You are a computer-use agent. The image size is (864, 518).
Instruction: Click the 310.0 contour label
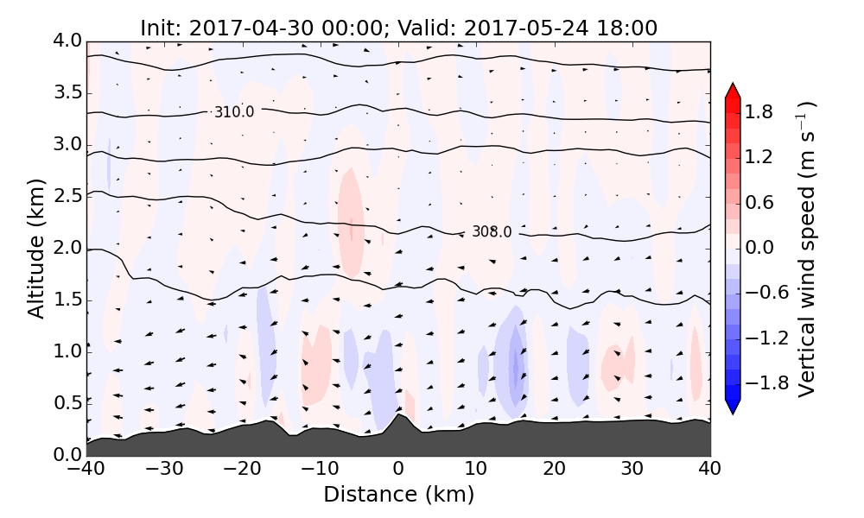pyautogui.click(x=234, y=112)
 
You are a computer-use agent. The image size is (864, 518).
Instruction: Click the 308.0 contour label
pyautogui.click(x=492, y=232)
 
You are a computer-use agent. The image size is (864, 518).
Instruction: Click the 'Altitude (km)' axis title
pyautogui.click(x=35, y=248)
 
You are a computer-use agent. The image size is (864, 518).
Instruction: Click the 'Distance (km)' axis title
pyautogui.click(x=398, y=495)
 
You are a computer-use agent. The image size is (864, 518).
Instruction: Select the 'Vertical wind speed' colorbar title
pyautogui.click(x=807, y=249)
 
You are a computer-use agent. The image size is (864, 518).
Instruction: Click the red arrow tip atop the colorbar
pyautogui.click(x=733, y=89)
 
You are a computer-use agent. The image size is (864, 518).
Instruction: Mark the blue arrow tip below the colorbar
pyautogui.click(x=733, y=407)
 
